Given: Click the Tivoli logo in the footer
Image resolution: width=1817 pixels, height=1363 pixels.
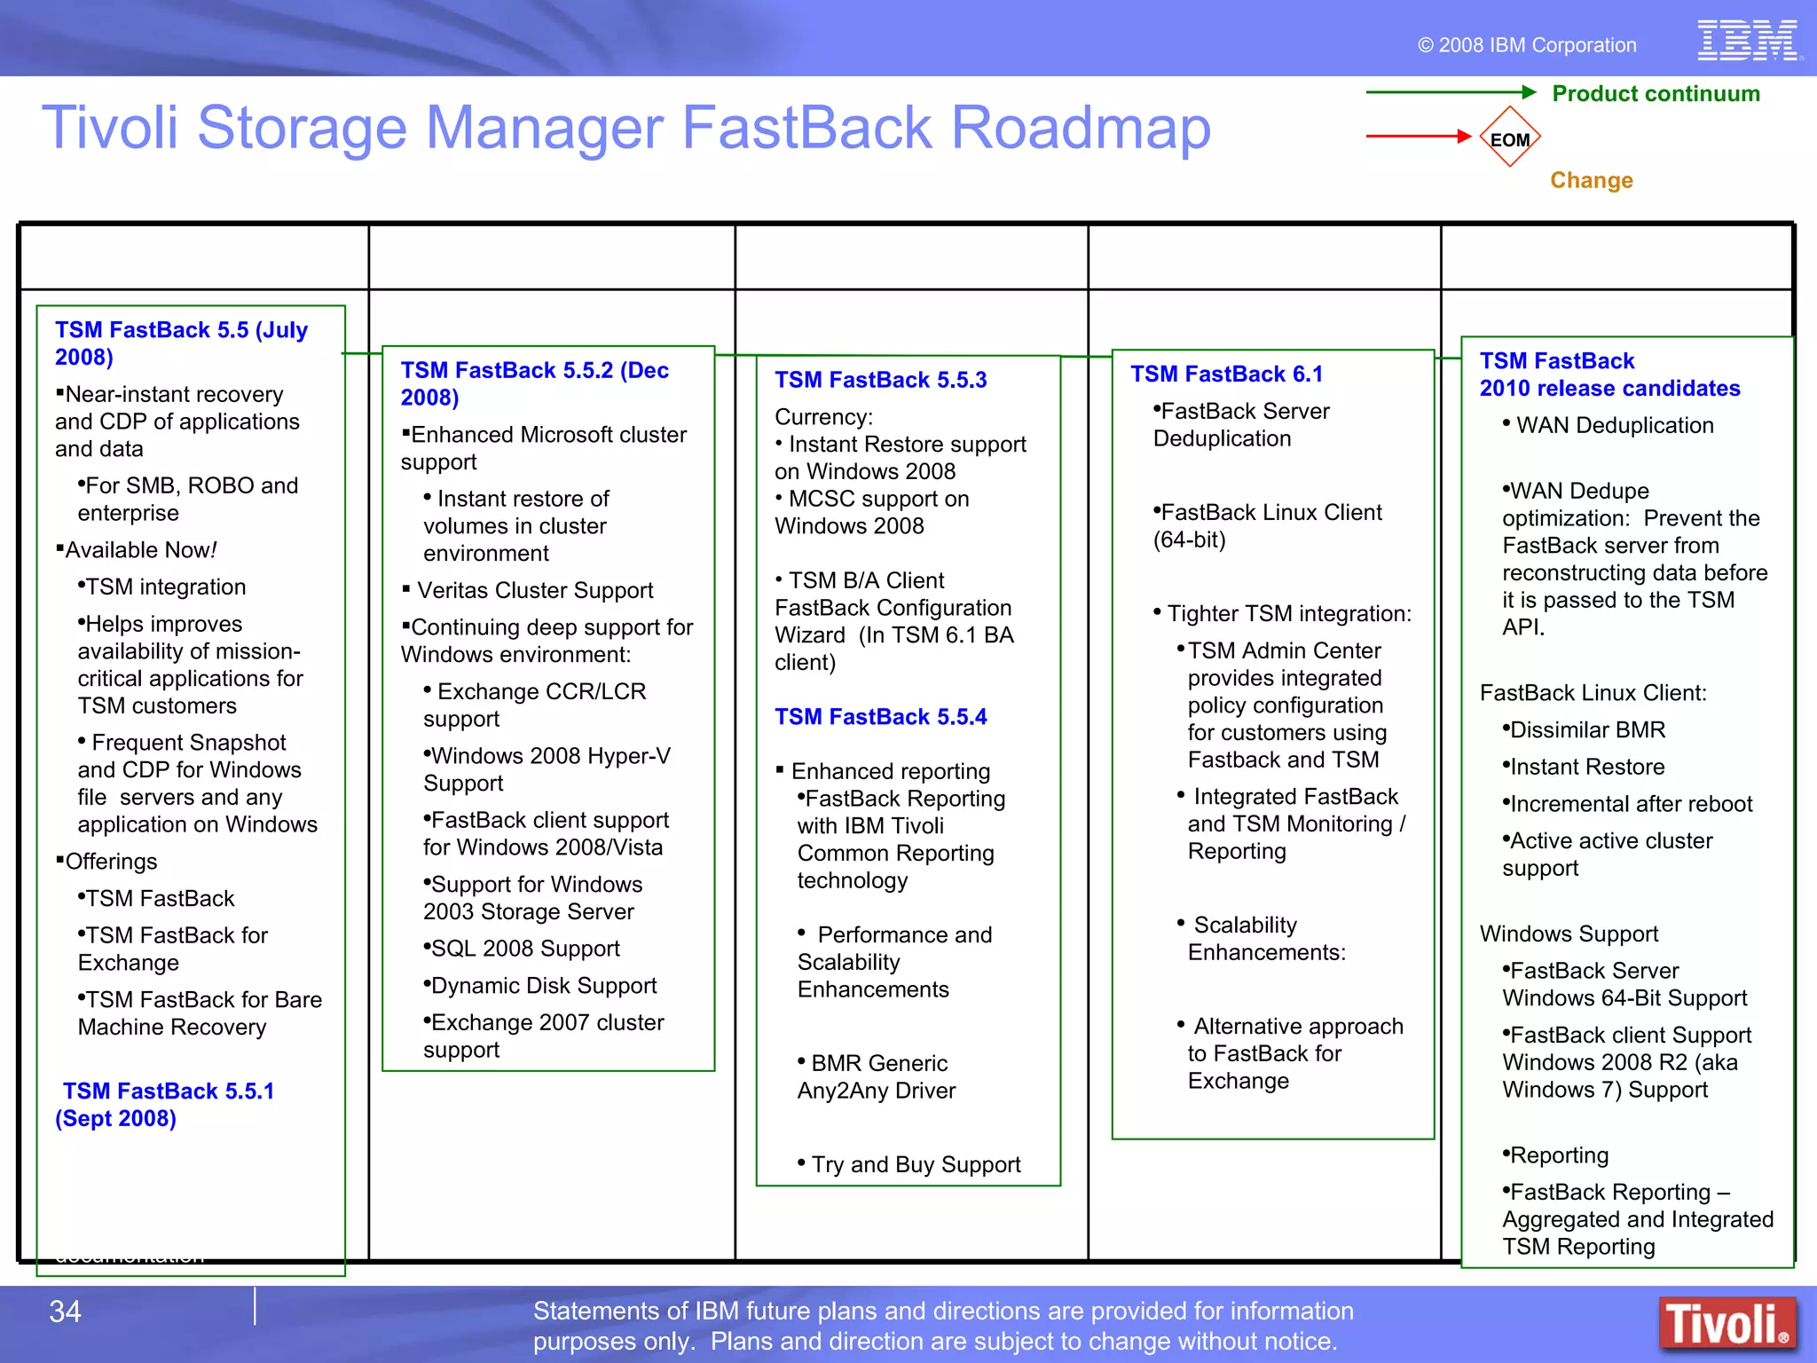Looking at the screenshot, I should pos(1727,1324).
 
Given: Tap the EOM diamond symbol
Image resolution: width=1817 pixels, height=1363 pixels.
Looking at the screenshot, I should pos(1509,138).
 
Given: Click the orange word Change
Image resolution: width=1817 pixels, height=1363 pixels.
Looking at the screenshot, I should pos(1591,180).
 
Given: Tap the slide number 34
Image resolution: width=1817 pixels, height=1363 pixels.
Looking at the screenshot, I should pos(65,1312).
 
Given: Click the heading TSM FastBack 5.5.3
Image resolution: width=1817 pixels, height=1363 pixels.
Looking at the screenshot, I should pos(880,380).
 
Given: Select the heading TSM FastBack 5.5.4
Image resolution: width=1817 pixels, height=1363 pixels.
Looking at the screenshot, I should pos(880,717).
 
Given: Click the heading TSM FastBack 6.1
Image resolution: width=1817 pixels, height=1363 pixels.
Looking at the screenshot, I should pos(1226,374).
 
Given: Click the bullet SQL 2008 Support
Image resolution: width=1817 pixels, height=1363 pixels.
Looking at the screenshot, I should pos(524,949).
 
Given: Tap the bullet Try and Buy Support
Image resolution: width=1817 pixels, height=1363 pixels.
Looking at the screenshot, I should pos(915,1164).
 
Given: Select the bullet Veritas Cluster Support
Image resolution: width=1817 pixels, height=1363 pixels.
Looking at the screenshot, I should pos(534,590).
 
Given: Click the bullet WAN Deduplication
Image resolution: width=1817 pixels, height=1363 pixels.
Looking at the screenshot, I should pos(1614,425).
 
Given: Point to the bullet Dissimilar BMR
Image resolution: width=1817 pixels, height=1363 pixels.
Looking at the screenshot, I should pos(1586,729).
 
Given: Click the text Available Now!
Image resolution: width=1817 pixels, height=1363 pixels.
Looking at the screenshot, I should pos(140,550).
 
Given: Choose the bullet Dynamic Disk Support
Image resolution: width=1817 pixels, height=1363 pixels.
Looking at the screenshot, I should pos(543,986).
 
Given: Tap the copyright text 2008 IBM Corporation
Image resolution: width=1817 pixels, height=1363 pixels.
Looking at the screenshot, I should pos(1536,45).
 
